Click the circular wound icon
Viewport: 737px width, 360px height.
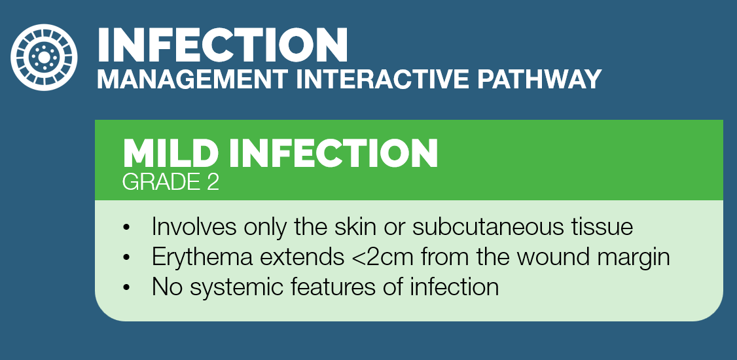point(45,58)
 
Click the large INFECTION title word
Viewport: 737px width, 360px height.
point(223,45)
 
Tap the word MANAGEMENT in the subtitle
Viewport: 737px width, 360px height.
point(192,79)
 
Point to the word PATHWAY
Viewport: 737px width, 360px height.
point(539,79)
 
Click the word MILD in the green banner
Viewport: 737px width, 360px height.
point(171,153)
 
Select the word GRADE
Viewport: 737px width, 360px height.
point(161,183)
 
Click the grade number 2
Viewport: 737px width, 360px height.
point(213,183)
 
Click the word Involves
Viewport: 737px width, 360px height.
point(193,227)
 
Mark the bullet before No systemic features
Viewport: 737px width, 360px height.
point(126,287)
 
